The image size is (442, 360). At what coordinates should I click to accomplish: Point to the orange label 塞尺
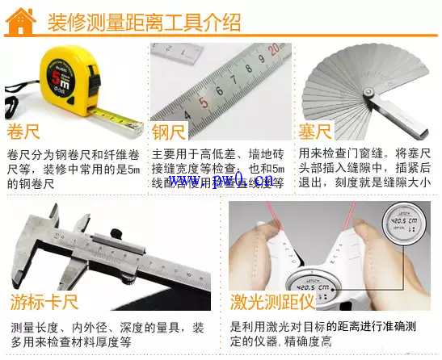(x=315, y=132)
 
